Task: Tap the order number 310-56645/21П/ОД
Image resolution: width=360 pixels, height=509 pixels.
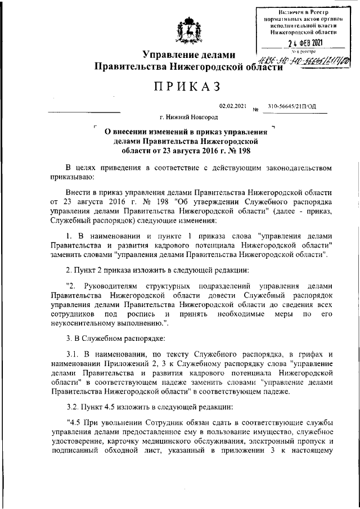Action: tap(292, 106)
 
